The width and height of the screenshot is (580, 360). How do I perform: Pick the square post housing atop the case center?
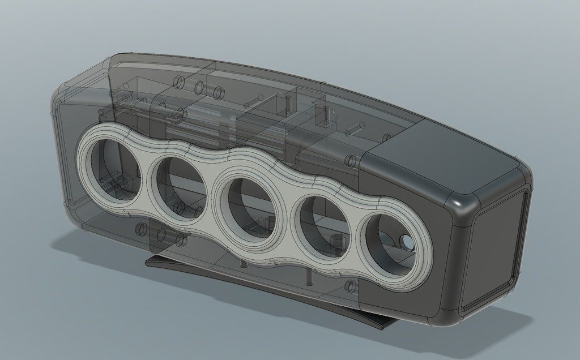(280, 104)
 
